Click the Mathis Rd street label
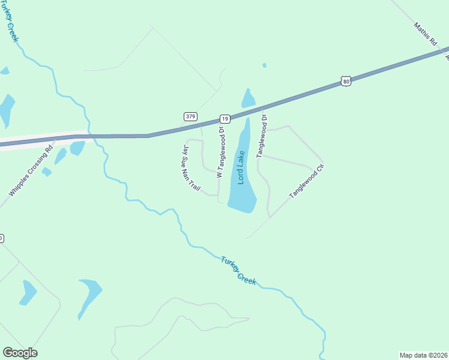(x=424, y=35)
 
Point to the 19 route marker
(x=224, y=119)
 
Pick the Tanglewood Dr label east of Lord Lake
(x=262, y=137)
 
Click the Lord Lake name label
(x=241, y=168)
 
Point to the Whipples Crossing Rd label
(x=31, y=171)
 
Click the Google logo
(x=20, y=353)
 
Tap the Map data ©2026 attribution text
(x=424, y=355)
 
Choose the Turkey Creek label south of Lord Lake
(x=238, y=271)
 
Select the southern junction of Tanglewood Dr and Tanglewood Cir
(x=270, y=217)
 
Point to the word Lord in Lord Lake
(x=241, y=176)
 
